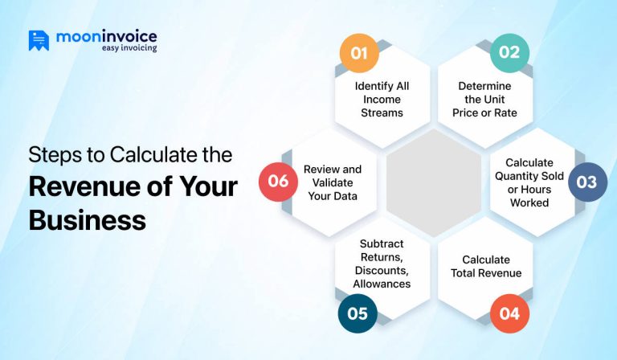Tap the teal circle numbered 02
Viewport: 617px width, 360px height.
tap(509, 52)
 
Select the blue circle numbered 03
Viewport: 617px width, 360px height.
tap(587, 182)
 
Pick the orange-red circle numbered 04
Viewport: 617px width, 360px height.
tap(509, 313)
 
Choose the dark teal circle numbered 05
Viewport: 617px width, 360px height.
tap(358, 313)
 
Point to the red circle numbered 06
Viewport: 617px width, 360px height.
tap(278, 182)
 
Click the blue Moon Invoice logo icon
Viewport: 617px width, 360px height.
tap(39, 41)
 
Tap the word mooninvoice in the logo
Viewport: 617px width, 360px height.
tap(106, 36)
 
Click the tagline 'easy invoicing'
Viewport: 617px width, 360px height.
tap(129, 48)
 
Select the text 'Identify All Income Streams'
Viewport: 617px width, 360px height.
tap(382, 99)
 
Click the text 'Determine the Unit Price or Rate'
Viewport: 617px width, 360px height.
tap(484, 99)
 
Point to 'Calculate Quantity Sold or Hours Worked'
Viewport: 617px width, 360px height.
tap(529, 182)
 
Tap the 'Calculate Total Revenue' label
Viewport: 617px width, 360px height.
tap(486, 266)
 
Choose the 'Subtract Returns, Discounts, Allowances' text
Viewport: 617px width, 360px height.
tap(382, 263)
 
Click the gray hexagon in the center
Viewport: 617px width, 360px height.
tap(434, 182)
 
